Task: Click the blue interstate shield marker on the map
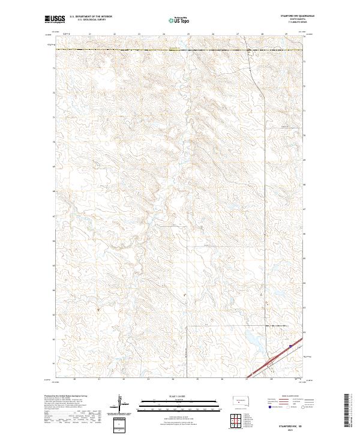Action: click(290, 346)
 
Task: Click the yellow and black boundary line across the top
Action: click(150, 50)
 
